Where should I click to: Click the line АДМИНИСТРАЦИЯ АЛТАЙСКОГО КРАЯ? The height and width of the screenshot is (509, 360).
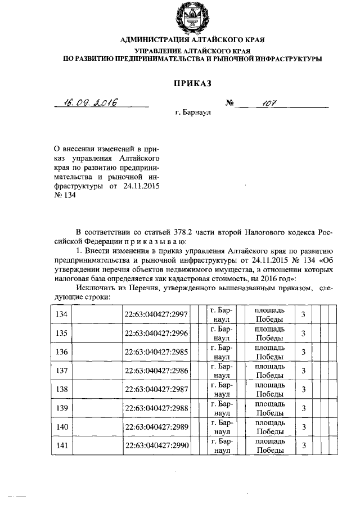(191, 40)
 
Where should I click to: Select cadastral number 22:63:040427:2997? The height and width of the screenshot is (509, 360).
(157, 314)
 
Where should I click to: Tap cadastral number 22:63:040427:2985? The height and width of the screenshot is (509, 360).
(157, 352)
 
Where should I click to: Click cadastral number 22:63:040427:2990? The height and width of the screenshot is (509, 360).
(157, 446)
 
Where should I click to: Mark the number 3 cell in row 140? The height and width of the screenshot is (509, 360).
(303, 427)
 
